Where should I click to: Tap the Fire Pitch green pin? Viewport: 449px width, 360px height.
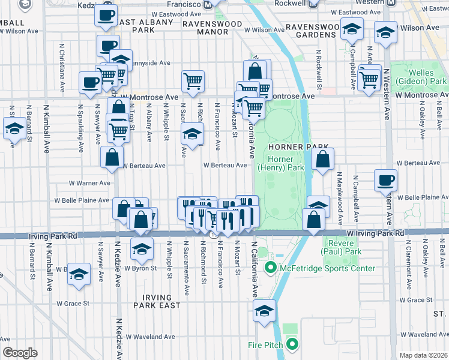click(x=292, y=344)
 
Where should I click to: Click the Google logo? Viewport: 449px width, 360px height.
click(x=19, y=353)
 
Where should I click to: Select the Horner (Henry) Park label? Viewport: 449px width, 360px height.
click(x=281, y=163)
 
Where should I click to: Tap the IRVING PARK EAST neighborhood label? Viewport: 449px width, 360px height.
click(x=162, y=301)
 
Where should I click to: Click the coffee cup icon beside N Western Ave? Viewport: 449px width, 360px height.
click(x=385, y=180)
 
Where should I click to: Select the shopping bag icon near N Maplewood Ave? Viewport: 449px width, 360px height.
click(x=322, y=159)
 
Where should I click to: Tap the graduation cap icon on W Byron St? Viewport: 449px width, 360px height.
click(x=141, y=247)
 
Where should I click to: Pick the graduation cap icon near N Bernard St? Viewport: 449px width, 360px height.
click(x=13, y=127)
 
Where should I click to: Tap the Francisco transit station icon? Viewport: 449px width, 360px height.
click(x=208, y=4)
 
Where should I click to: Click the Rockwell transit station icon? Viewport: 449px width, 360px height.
click(x=312, y=4)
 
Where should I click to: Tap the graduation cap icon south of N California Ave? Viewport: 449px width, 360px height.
click(x=262, y=311)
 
